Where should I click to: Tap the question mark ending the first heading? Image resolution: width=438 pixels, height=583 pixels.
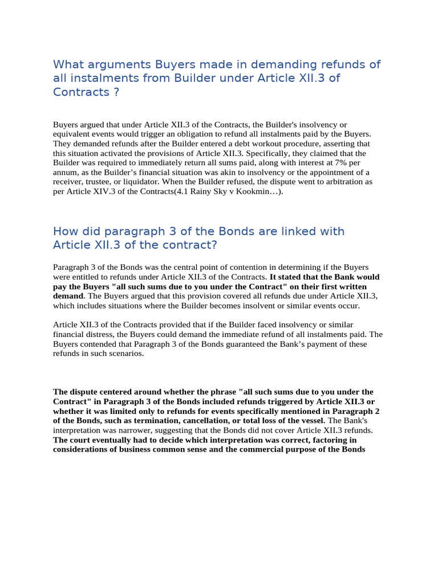click(116, 92)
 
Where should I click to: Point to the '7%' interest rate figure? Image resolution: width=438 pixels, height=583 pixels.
click(340, 163)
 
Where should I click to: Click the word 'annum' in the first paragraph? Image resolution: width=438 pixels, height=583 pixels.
click(67, 173)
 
